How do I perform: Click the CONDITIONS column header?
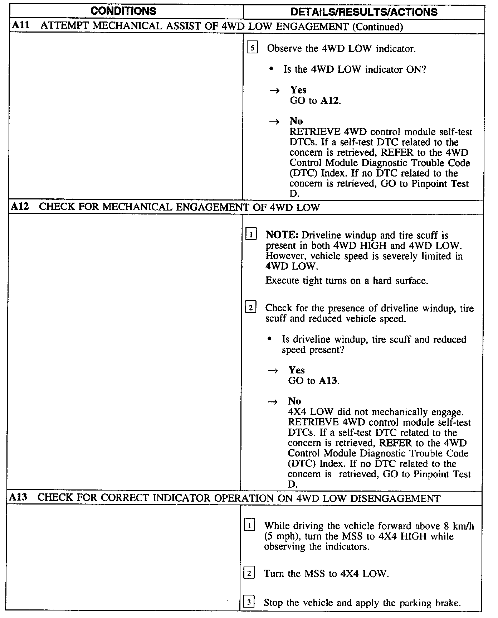coord(123,11)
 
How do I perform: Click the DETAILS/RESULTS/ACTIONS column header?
coord(364,12)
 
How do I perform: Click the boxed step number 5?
coord(252,48)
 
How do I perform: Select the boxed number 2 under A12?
coord(250,308)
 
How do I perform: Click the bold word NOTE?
coord(282,235)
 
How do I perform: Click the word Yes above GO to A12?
coord(298,90)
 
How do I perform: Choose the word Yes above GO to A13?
coord(296,370)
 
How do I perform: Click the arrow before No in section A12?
coord(273,402)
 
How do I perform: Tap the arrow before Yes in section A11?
coord(275,90)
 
